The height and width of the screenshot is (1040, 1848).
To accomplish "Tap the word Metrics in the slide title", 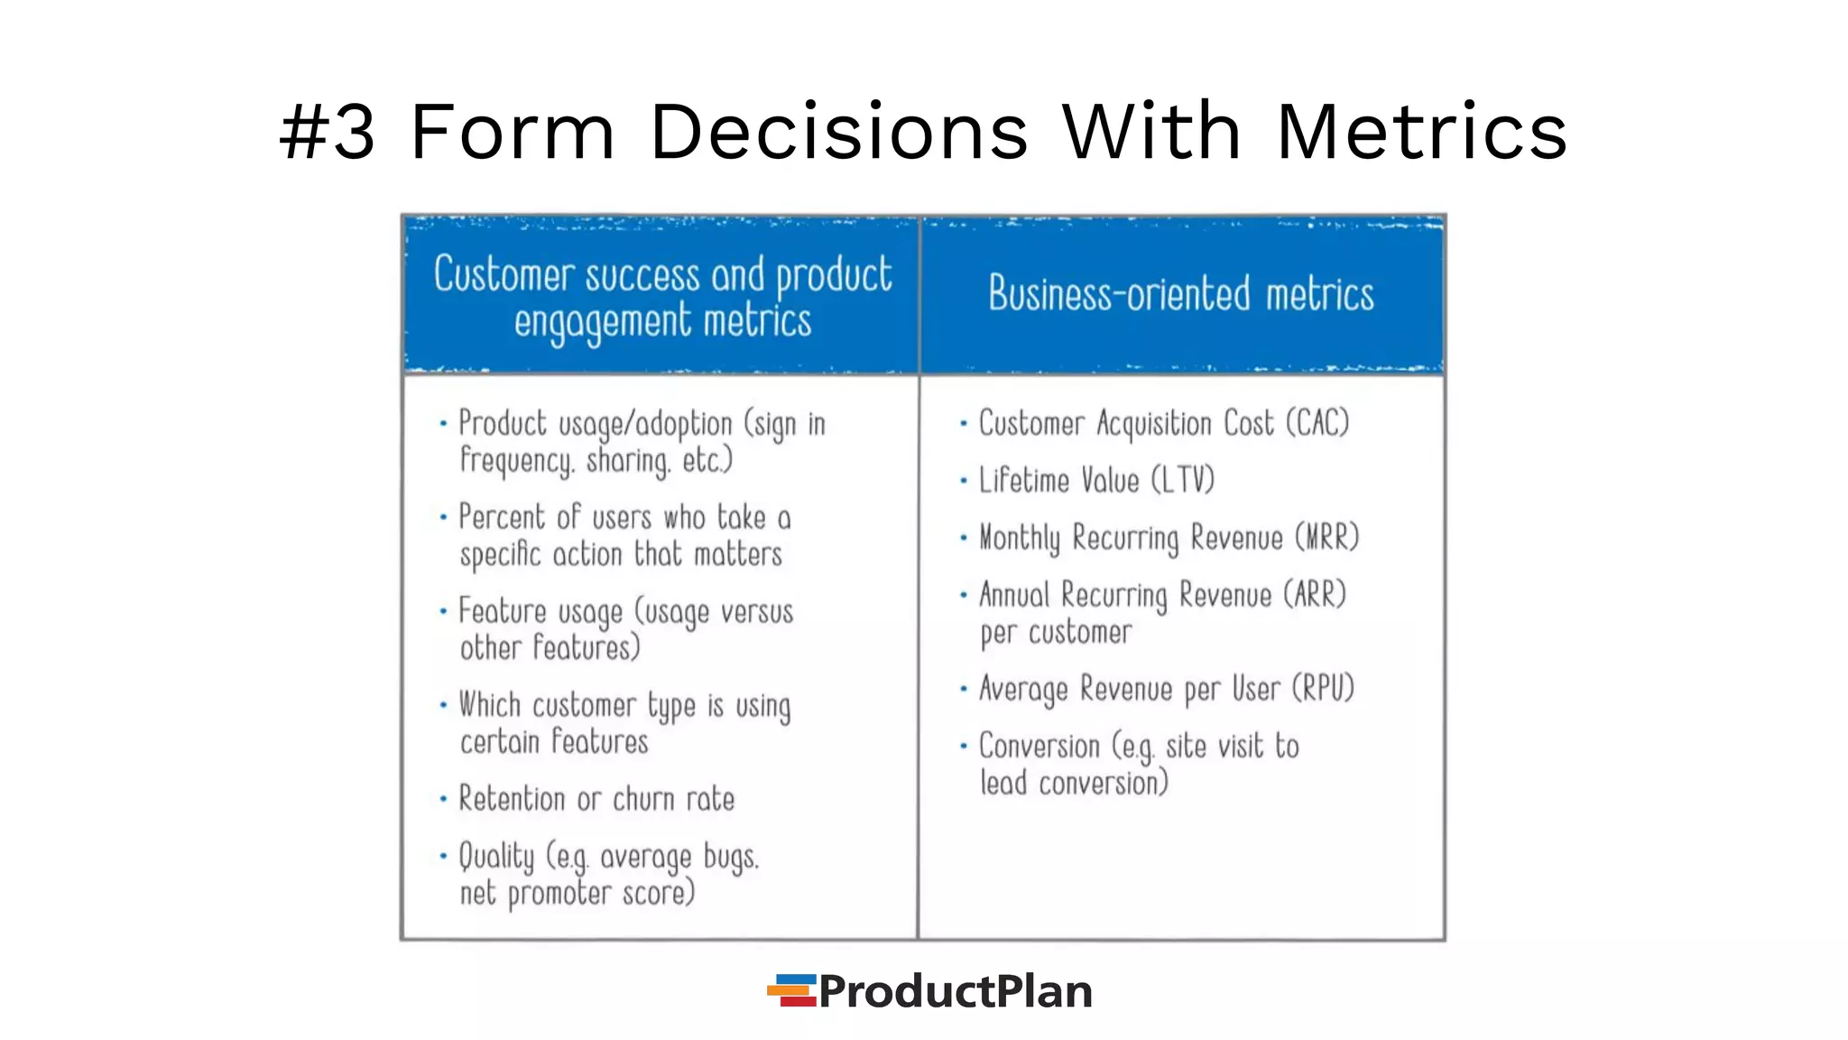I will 1422,133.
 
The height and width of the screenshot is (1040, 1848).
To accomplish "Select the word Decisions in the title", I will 838,133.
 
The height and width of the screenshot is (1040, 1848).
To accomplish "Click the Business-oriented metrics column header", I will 1180,294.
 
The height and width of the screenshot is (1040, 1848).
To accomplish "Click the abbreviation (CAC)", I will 1317,423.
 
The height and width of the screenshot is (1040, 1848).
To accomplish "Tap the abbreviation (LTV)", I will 1183,480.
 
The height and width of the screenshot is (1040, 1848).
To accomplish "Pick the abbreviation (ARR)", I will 1315,595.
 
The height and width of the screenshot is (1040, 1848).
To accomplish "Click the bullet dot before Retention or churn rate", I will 443,799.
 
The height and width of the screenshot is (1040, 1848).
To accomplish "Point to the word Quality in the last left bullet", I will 496,857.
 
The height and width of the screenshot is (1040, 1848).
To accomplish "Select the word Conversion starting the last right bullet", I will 1039,747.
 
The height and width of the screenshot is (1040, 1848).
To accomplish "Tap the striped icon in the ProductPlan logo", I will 792,990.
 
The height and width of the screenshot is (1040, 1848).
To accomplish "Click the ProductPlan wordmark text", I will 956,991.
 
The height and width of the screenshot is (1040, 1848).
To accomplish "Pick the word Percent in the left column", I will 502,517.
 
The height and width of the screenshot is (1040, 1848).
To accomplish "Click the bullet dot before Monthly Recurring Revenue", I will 964,538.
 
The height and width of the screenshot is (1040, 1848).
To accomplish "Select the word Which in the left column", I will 490,705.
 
